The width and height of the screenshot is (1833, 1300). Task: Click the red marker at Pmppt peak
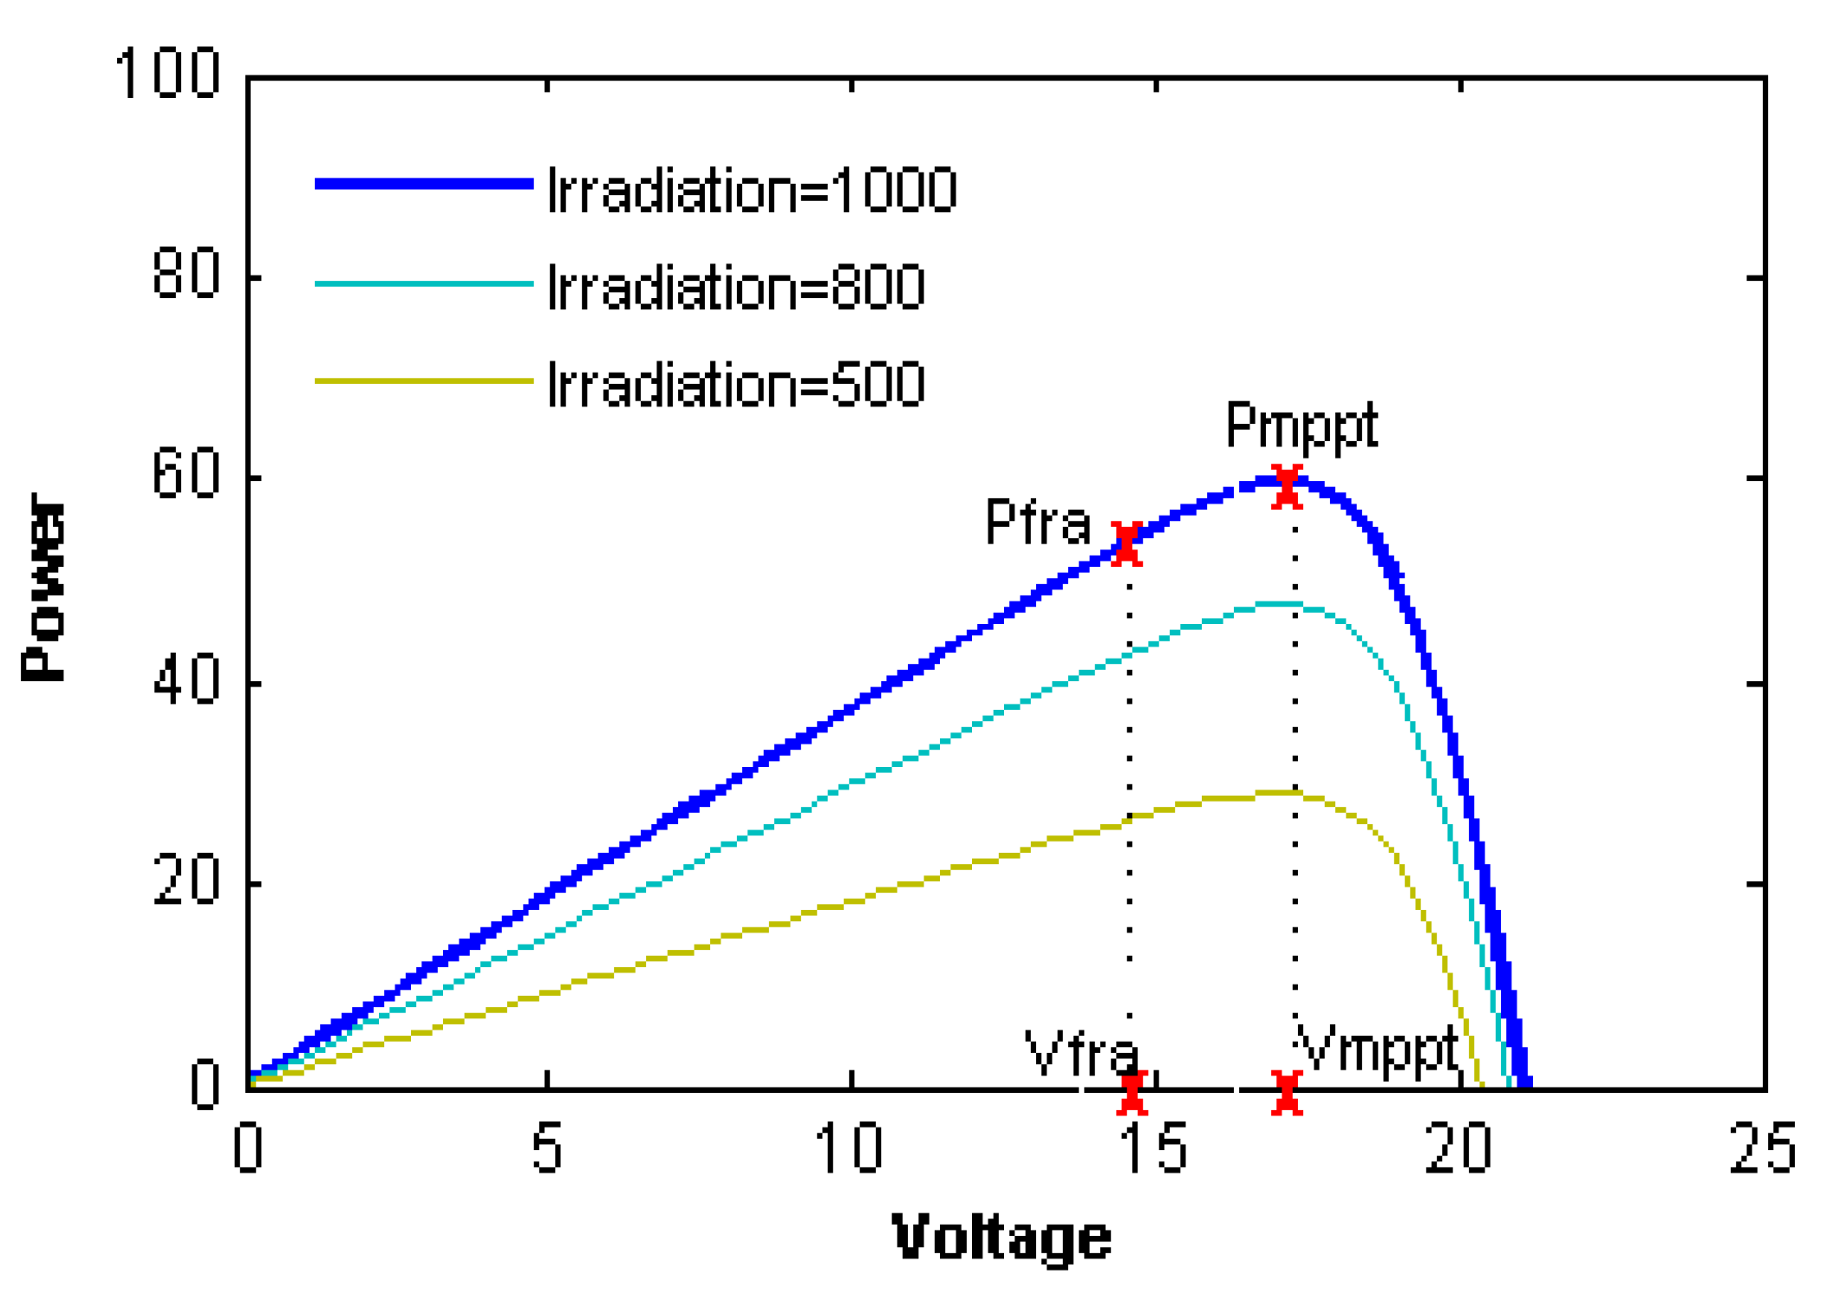point(1286,486)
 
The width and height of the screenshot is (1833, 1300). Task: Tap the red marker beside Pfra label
point(1125,544)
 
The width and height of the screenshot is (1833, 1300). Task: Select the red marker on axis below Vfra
point(1132,1092)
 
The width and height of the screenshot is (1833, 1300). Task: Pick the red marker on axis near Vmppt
point(1287,1092)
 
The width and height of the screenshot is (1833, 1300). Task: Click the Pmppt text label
point(1301,426)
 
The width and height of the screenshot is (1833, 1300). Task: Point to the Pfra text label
point(1037,523)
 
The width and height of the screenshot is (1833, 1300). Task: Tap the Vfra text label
point(1081,1053)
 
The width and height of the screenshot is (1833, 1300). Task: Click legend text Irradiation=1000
point(752,190)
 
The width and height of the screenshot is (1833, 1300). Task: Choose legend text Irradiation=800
point(736,287)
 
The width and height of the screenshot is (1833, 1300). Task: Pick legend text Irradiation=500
point(736,384)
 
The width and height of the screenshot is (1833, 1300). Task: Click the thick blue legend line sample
point(423,183)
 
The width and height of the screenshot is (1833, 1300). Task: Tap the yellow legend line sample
point(423,380)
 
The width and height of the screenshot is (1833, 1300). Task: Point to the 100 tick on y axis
point(167,74)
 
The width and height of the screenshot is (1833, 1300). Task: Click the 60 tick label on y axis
point(185,476)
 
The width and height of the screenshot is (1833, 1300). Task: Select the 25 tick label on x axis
point(1761,1149)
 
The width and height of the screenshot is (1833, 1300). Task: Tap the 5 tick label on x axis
point(547,1149)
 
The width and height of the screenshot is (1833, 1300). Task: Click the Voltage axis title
point(1001,1237)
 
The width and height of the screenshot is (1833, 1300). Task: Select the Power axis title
point(43,587)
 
